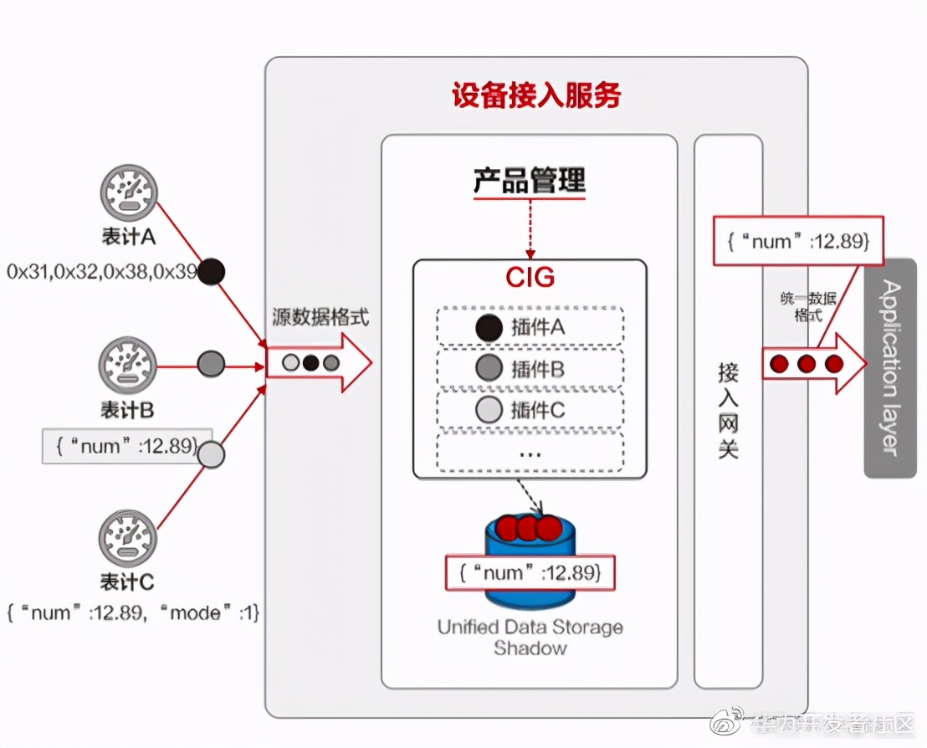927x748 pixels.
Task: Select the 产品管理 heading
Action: pos(530,181)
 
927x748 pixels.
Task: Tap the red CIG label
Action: pos(530,277)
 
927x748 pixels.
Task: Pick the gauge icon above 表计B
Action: pos(128,365)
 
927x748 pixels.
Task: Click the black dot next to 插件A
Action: pos(488,328)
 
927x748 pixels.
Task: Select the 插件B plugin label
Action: pos(538,369)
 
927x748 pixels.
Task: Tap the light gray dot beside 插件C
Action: pos(488,410)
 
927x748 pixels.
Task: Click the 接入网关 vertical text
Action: pos(728,410)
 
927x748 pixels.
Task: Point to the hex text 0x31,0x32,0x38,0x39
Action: pos(103,271)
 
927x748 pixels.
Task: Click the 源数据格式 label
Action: pos(320,317)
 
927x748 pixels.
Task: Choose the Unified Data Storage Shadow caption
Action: pos(530,637)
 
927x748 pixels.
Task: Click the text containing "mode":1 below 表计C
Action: pos(134,613)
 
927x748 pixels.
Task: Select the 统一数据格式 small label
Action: pos(807,307)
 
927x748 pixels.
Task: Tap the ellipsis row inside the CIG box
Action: pos(530,453)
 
